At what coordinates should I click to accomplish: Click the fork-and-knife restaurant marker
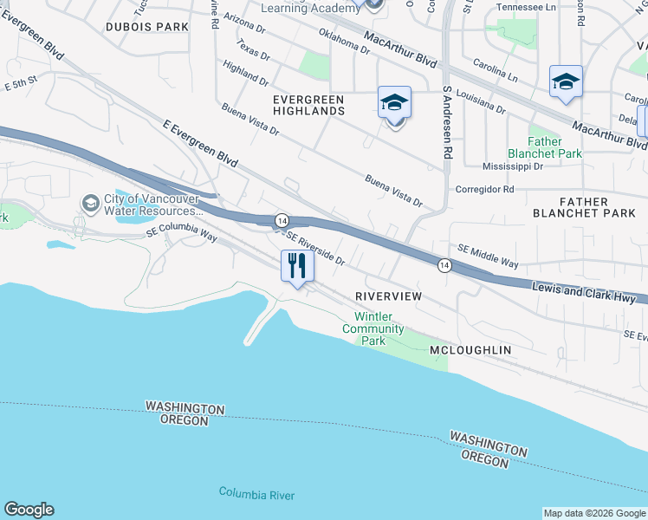pyautogui.click(x=296, y=265)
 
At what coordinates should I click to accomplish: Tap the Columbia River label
pyautogui.click(x=256, y=494)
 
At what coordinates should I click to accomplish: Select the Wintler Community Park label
pyautogui.click(x=373, y=328)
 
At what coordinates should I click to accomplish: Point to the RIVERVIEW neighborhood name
pyautogui.click(x=388, y=296)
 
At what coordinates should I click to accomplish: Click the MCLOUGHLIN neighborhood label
pyautogui.click(x=470, y=350)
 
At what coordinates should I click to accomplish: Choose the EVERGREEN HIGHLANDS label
pyautogui.click(x=308, y=105)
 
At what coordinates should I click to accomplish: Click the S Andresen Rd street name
pyautogui.click(x=448, y=122)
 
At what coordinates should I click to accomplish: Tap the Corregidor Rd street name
pyautogui.click(x=484, y=189)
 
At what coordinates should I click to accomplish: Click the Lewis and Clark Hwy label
pyautogui.click(x=589, y=294)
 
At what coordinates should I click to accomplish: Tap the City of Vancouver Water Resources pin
pyautogui.click(x=90, y=203)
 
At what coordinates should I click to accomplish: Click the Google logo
pyautogui.click(x=29, y=510)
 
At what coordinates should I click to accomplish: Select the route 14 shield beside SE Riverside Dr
pyautogui.click(x=282, y=221)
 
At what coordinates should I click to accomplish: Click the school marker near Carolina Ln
pyautogui.click(x=566, y=82)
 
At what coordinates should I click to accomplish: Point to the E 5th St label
pyautogui.click(x=22, y=84)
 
